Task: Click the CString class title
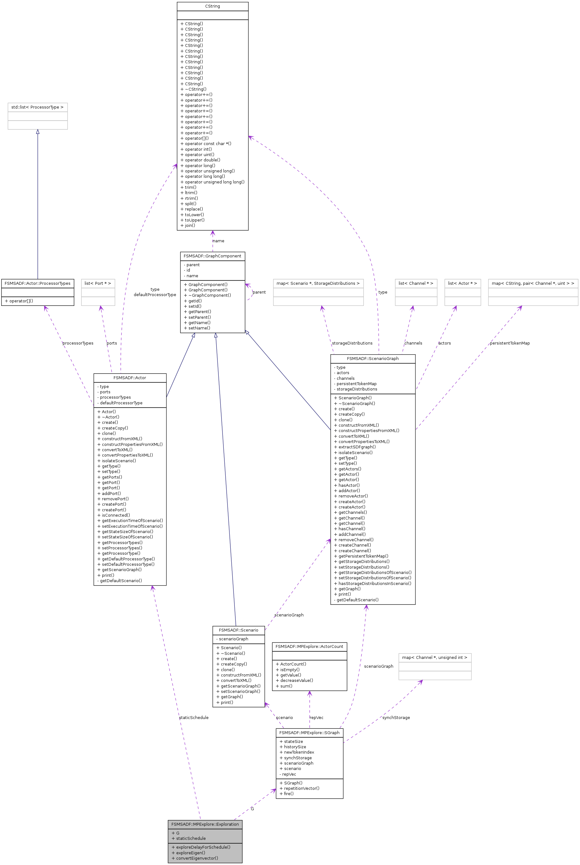(212, 6)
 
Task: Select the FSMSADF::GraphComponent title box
(212, 256)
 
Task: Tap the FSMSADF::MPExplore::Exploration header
(205, 824)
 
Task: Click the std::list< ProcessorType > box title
(37, 107)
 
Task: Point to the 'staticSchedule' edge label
(194, 717)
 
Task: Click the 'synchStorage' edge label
(396, 717)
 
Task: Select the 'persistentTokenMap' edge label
(510, 343)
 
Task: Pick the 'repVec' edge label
(316, 717)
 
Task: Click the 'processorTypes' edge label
(78, 343)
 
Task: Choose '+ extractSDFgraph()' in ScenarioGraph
(355, 447)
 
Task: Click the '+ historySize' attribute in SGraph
(293, 747)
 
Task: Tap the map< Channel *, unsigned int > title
(435, 658)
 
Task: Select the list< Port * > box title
(98, 283)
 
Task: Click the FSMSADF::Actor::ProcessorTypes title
(37, 283)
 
